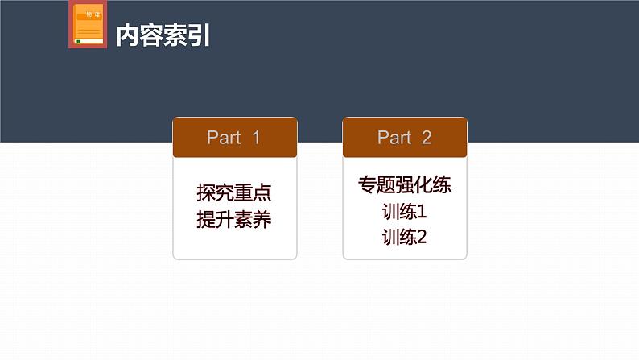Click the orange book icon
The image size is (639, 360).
[x=89, y=26]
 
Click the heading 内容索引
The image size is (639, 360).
[x=163, y=35]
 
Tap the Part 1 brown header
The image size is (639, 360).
[x=235, y=138]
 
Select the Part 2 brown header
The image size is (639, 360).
[x=405, y=138]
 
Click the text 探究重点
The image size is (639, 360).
[x=234, y=194]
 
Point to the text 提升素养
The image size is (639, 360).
[x=234, y=220]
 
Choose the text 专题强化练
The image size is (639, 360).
[x=405, y=186]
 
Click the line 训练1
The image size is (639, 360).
[x=405, y=213]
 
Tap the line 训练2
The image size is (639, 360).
[x=405, y=238]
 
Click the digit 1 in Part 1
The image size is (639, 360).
[x=256, y=138]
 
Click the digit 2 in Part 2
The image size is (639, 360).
[x=427, y=138]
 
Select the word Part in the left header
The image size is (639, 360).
[x=224, y=138]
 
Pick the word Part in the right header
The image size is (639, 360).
[x=394, y=138]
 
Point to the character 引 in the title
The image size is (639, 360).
[x=200, y=35]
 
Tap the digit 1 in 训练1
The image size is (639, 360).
[x=422, y=213]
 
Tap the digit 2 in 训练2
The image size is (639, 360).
[x=422, y=238]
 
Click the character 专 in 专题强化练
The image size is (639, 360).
[x=367, y=186]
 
